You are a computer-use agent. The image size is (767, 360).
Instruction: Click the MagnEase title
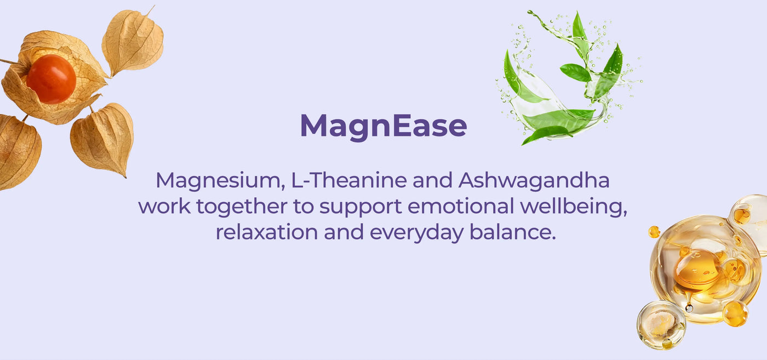point(383,127)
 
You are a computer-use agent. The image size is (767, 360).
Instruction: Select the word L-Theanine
point(348,180)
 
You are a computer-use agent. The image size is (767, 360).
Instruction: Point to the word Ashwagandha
point(534,181)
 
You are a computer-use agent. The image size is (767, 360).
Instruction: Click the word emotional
point(461,206)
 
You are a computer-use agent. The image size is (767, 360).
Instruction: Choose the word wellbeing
point(574,207)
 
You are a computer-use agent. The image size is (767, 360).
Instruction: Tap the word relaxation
point(267,232)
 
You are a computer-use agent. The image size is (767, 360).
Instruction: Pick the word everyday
point(417,233)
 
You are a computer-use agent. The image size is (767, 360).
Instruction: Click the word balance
point(513,232)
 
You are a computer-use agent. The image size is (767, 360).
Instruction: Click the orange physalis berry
point(51,79)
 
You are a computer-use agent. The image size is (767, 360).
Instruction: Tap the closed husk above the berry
point(133,41)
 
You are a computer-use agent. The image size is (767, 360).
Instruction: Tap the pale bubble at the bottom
point(661,325)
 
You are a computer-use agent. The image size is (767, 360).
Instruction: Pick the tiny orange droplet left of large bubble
point(654,232)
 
